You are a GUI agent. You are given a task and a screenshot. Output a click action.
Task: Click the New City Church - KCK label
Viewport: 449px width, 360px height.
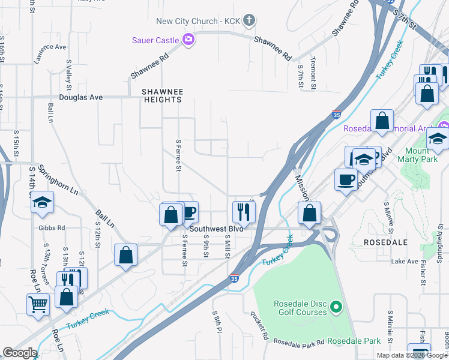tap(198, 21)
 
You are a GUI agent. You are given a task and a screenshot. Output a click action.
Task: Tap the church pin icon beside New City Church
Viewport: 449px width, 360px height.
tap(249, 21)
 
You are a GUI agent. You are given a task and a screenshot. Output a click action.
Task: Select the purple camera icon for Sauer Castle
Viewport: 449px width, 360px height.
tap(188, 40)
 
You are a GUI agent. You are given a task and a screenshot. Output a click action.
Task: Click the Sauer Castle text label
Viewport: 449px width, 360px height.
tap(155, 40)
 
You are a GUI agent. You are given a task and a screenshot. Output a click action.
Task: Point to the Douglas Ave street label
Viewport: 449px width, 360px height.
tap(81, 97)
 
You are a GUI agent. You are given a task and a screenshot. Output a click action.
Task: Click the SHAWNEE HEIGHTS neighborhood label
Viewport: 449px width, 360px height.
tap(161, 95)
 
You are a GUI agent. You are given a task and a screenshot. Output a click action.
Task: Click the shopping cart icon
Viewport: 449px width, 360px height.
tap(38, 304)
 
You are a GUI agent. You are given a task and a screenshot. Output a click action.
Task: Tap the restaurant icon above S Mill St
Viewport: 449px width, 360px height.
tap(244, 211)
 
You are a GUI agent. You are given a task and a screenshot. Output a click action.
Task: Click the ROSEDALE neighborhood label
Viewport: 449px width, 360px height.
tap(386, 242)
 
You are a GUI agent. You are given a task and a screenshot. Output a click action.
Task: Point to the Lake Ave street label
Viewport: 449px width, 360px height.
tap(404, 262)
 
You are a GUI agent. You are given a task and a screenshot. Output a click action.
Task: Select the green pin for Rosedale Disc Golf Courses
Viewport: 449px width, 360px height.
tap(336, 308)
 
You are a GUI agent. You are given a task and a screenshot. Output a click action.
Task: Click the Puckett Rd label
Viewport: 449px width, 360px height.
tap(261, 328)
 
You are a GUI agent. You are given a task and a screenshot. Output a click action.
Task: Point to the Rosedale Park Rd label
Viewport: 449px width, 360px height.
tap(299, 341)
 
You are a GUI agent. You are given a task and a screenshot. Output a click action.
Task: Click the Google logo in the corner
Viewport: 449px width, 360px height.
tap(20, 353)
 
